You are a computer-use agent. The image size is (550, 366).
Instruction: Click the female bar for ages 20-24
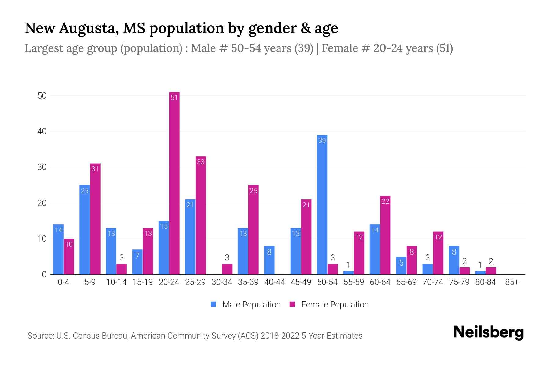coord(174,183)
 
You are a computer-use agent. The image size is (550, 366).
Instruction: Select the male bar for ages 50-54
coord(322,204)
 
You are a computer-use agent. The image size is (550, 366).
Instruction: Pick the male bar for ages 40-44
coord(269,260)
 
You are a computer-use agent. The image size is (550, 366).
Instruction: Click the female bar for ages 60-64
coord(385,235)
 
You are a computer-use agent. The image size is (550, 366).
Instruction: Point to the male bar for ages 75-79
coord(454,260)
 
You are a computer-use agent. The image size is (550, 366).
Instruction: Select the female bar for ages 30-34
coord(227,269)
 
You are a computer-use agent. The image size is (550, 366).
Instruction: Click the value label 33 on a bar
coord(200,162)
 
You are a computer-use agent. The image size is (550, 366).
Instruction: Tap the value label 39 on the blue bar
coord(322,141)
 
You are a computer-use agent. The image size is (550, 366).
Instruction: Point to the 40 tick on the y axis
coord(42,131)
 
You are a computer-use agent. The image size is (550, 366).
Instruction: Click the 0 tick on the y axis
coord(44,274)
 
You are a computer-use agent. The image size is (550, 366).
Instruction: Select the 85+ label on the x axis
coord(512,282)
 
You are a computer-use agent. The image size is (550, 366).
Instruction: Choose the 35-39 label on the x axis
coord(248,282)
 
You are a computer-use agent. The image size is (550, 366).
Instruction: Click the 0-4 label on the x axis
coord(64,282)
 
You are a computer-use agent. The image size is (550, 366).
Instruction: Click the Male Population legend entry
coord(246,304)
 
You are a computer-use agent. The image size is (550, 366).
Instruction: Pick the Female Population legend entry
coord(329,304)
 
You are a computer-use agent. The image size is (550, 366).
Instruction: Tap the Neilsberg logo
coord(488,332)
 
